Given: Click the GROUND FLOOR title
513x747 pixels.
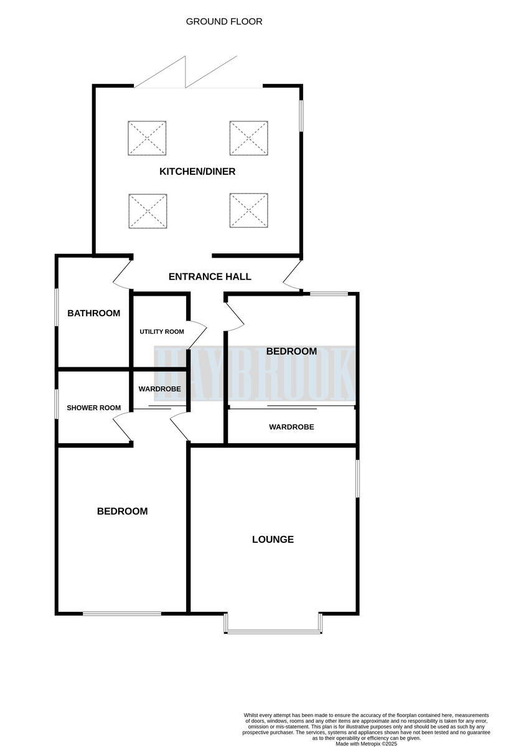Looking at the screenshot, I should pyautogui.click(x=224, y=22).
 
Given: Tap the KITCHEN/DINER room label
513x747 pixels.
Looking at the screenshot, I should pyautogui.click(x=197, y=171).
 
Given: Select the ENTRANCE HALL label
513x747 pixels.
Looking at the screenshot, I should pyautogui.click(x=210, y=276).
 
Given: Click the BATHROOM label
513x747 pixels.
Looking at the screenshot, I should pyautogui.click(x=93, y=313).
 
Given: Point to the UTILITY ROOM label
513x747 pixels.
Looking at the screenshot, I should pyautogui.click(x=162, y=332).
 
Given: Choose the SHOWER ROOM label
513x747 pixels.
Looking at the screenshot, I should pyautogui.click(x=94, y=408).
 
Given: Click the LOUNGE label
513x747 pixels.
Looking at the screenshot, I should pyautogui.click(x=273, y=539).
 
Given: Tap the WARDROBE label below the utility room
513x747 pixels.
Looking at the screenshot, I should pyautogui.click(x=159, y=389).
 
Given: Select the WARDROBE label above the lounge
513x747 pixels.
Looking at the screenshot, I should pyautogui.click(x=291, y=427).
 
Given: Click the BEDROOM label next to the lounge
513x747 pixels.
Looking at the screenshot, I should pyautogui.click(x=122, y=511).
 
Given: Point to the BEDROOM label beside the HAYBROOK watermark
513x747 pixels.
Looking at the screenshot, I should pyautogui.click(x=291, y=351).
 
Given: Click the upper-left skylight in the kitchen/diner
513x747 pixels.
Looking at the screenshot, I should pyautogui.click(x=148, y=138).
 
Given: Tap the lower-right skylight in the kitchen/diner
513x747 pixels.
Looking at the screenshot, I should pyautogui.click(x=249, y=211).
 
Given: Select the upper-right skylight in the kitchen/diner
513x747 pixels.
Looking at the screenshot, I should pyautogui.click(x=249, y=138).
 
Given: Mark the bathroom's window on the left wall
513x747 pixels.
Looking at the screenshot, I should pyautogui.click(x=57, y=306).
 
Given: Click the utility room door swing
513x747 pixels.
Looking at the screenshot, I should pyautogui.click(x=197, y=334).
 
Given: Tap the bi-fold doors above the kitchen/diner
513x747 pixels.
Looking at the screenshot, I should pyautogui.click(x=187, y=73).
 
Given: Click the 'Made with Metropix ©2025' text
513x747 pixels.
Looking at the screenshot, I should pyautogui.click(x=366, y=743).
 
